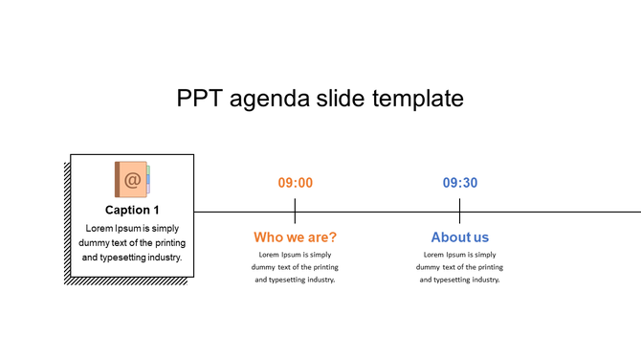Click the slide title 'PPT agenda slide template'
[x=320, y=99]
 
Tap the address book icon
[x=132, y=179]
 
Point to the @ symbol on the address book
[x=133, y=179]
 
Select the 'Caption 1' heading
[x=132, y=210]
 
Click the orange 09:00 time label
[x=296, y=183]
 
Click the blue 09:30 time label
[x=460, y=183]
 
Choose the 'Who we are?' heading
[x=296, y=236]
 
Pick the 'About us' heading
[x=460, y=236]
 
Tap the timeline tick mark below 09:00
[x=296, y=211]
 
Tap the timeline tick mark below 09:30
[x=460, y=211]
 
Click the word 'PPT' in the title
[x=202, y=99]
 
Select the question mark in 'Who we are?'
[x=333, y=236]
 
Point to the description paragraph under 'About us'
[x=460, y=267]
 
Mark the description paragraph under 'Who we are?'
[x=296, y=267]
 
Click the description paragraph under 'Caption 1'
[x=132, y=242]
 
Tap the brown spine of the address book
[x=118, y=179]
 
